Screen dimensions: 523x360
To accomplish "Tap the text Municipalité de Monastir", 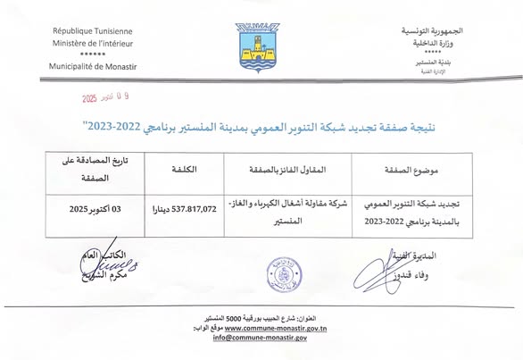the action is (93, 68).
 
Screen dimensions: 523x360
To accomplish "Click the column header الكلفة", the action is (183, 170).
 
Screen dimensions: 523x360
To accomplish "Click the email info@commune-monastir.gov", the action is (261, 338).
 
